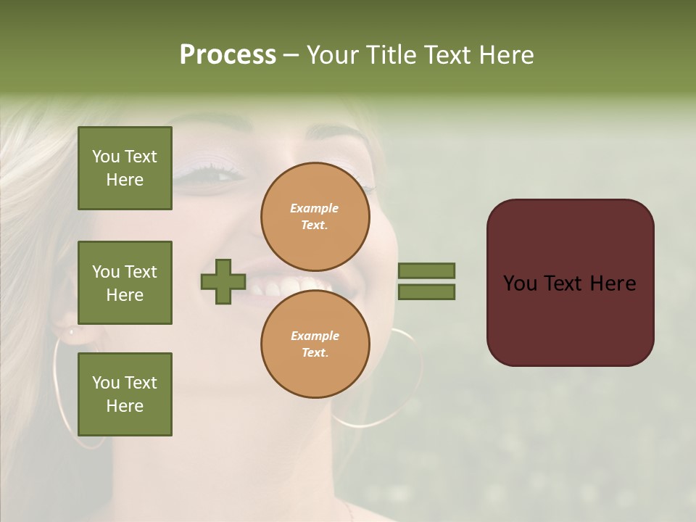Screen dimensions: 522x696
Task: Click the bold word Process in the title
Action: [x=228, y=55]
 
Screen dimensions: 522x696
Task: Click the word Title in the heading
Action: [x=390, y=55]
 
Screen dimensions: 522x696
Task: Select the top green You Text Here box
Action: [x=125, y=168]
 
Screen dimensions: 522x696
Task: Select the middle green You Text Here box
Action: [x=125, y=283]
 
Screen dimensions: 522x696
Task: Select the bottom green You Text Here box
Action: [x=125, y=394]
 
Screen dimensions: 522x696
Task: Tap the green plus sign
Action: [x=223, y=281]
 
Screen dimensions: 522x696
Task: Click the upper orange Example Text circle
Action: [x=315, y=216]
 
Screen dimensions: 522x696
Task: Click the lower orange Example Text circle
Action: [x=315, y=344]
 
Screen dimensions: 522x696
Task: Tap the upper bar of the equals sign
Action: [x=426, y=270]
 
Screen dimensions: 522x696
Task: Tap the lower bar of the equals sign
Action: [x=426, y=291]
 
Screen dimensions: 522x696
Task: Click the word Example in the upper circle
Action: [x=315, y=208]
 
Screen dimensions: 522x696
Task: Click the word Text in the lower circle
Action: [x=314, y=352]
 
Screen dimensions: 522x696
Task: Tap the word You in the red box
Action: [x=521, y=283]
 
